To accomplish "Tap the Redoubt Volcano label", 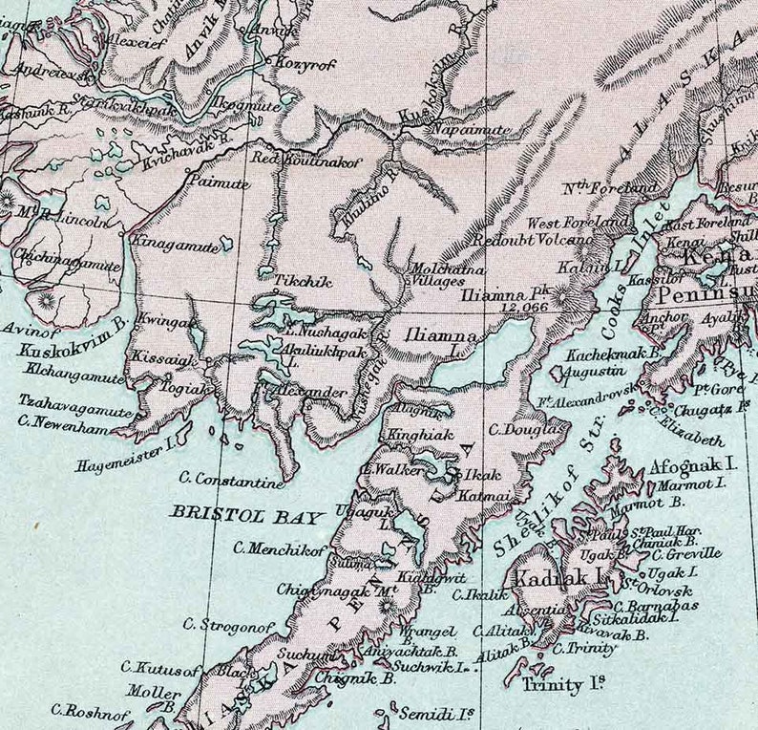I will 516,241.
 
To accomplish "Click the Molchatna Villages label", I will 436,275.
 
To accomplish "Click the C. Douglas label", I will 528,430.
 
